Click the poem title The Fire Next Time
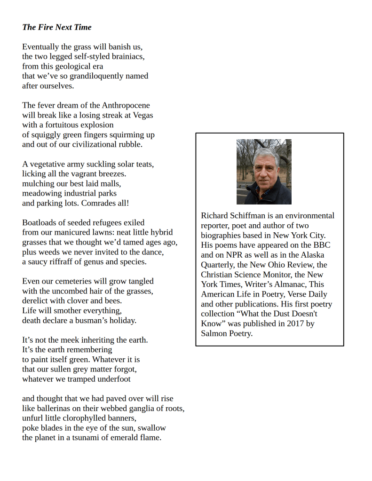click(56, 27)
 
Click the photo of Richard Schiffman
click(264, 172)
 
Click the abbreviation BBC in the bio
click(322, 245)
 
